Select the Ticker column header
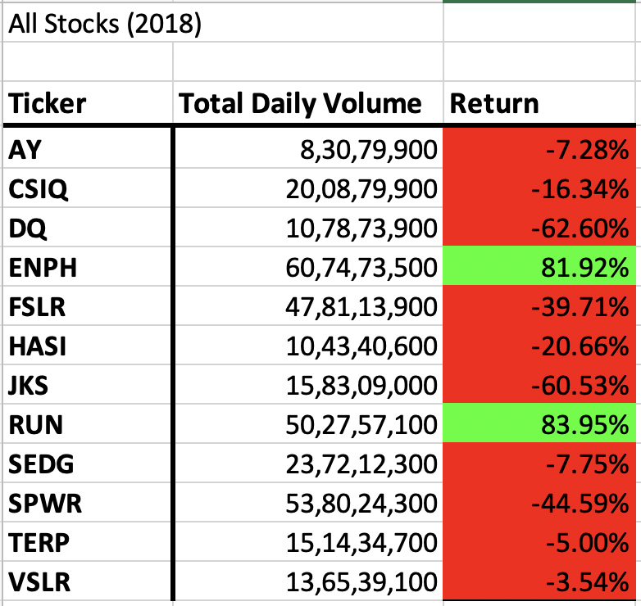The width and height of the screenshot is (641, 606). [48, 104]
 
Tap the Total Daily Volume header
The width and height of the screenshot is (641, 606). [300, 104]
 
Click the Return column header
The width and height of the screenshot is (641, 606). [495, 104]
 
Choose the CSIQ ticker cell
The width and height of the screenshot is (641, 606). [39, 189]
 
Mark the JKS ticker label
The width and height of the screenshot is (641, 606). [30, 386]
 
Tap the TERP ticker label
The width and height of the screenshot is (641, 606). [39, 543]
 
